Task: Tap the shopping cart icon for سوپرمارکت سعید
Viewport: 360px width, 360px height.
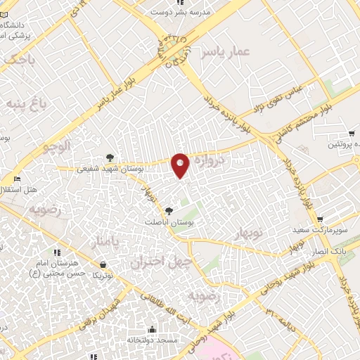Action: (320, 219)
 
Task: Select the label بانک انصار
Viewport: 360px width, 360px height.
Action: (326, 252)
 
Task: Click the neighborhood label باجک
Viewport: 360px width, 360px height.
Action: (18, 61)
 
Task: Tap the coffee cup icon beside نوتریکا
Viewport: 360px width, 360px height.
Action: (103, 265)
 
